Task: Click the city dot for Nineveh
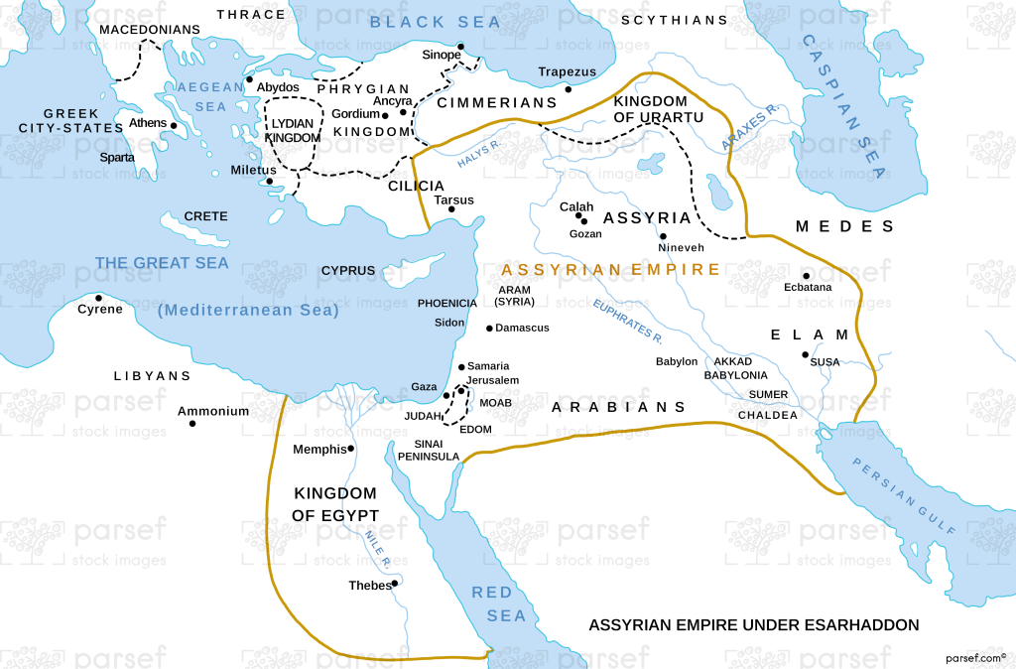pos(663,236)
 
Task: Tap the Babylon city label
pos(676,362)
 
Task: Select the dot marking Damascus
pos(489,328)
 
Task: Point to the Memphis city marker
pos(351,449)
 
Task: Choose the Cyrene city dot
pos(98,298)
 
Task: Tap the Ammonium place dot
pos(192,424)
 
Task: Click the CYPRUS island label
pos(347,270)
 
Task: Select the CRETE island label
pos(205,216)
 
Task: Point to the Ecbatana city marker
pos(806,276)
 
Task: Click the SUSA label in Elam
pos(825,362)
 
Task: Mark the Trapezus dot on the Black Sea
pos(568,89)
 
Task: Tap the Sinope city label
pos(442,55)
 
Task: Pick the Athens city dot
pos(174,125)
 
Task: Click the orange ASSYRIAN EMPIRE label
pos(610,269)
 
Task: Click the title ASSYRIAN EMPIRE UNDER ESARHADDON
pos(754,625)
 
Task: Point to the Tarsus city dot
pos(451,210)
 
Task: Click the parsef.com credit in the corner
pos(975,656)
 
